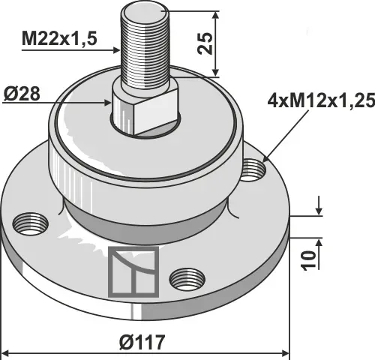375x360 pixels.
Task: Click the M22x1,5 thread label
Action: tap(59, 39)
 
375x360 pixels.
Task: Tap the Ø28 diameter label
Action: tap(22, 94)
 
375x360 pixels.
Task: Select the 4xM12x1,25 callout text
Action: tap(321, 100)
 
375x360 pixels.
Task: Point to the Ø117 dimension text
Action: tap(142, 342)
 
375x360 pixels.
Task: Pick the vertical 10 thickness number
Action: tap(309, 260)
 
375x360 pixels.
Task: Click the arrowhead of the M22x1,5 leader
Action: tap(116, 50)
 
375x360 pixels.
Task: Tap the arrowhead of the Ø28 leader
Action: tap(107, 103)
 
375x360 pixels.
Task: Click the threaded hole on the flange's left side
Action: tap(30, 224)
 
